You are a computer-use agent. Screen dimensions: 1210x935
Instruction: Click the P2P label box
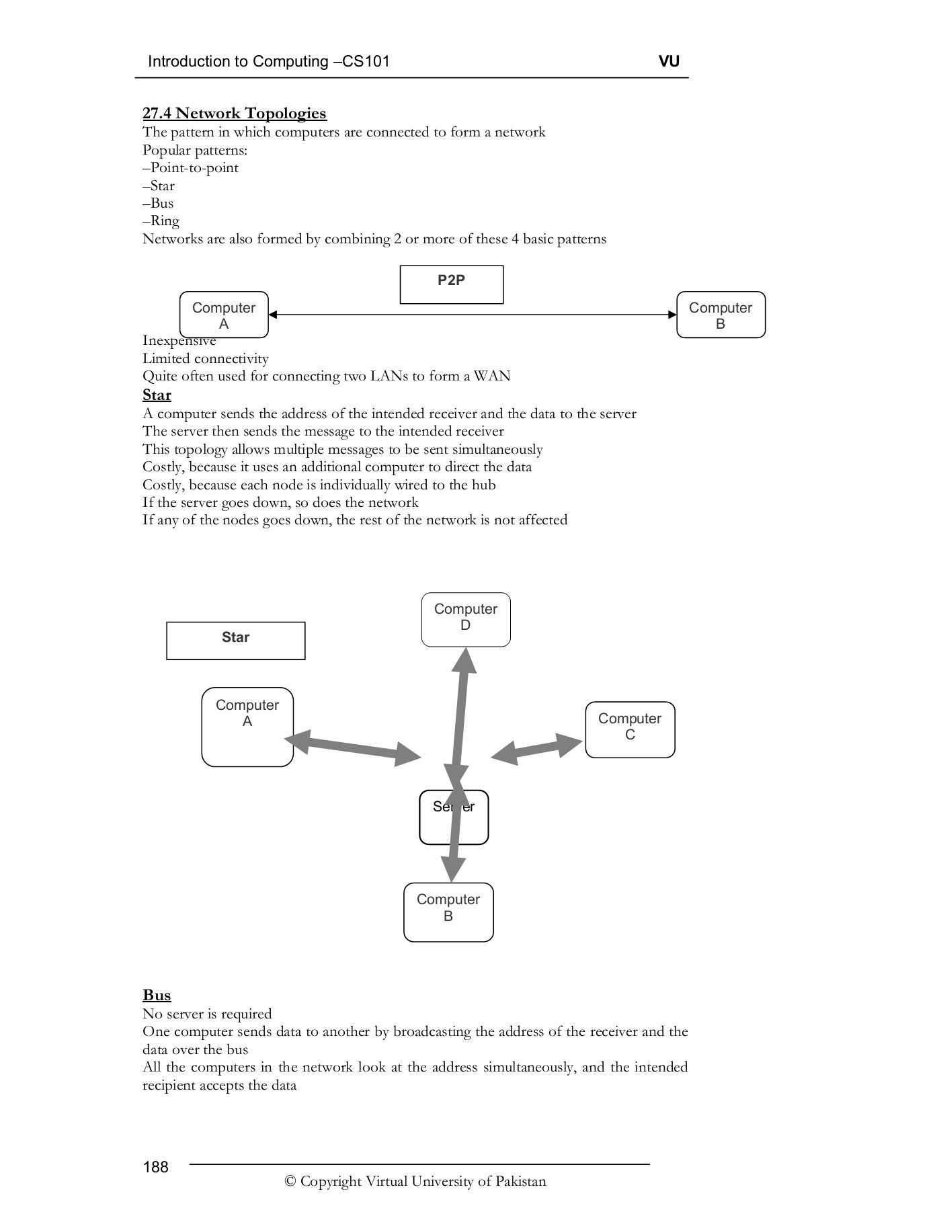(x=451, y=284)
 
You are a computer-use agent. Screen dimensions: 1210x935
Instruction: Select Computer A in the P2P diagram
(x=224, y=315)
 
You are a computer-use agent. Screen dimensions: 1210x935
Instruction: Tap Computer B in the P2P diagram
(x=720, y=315)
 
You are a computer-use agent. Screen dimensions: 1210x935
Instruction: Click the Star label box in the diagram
(x=235, y=640)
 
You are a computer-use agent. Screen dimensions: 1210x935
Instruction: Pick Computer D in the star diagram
(x=465, y=619)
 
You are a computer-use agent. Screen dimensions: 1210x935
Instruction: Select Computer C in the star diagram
(x=629, y=729)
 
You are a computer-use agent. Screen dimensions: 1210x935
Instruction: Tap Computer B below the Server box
(x=448, y=912)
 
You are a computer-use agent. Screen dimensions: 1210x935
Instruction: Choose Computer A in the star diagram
(x=247, y=726)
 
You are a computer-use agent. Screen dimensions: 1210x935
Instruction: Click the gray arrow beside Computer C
(x=536, y=748)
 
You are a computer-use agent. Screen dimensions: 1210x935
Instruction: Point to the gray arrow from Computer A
(x=353, y=748)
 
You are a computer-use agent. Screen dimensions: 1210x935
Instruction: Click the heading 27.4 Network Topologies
(x=235, y=113)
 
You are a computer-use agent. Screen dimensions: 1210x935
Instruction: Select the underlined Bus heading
(x=157, y=995)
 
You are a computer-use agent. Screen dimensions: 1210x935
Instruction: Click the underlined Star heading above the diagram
(x=157, y=395)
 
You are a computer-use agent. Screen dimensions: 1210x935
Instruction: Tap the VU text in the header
(x=669, y=61)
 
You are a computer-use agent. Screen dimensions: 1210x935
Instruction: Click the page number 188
(x=155, y=1167)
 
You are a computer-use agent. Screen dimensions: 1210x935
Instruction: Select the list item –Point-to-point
(x=190, y=167)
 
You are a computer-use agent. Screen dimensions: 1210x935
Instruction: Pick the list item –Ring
(x=161, y=220)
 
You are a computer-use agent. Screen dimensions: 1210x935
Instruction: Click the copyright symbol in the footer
(x=290, y=1182)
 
